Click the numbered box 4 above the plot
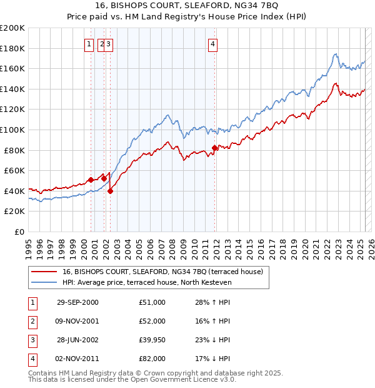pyautogui.click(x=213, y=44)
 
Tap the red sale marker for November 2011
pyautogui.click(x=214, y=148)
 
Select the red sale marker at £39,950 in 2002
pyautogui.click(x=110, y=191)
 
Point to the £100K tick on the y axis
pyautogui.click(x=12, y=130)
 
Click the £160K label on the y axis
pyautogui.click(x=12, y=68)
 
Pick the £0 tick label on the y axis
pyautogui.click(x=20, y=232)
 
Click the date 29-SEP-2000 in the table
pyautogui.click(x=77, y=302)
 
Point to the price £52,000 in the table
pyautogui.click(x=152, y=321)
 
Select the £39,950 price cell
pyautogui.click(x=152, y=340)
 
